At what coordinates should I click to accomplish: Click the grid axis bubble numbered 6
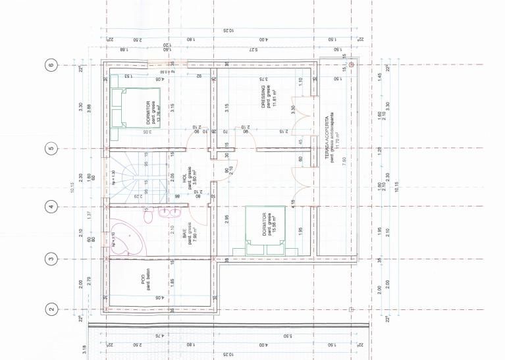click(50, 65)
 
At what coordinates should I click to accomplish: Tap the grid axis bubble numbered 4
click(50, 207)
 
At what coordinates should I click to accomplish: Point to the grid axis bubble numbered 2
click(50, 308)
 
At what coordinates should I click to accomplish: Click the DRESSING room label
click(262, 99)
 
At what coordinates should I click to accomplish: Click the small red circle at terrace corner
click(352, 65)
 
